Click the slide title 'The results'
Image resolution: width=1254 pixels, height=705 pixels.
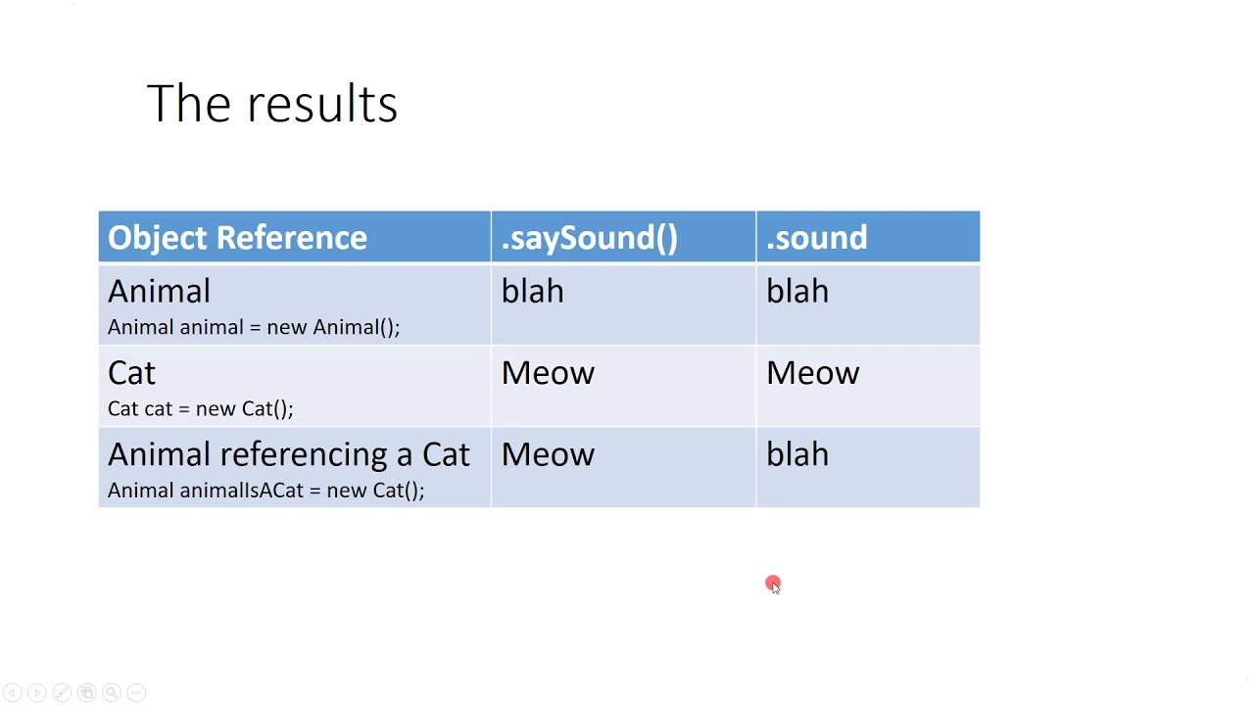coord(271,104)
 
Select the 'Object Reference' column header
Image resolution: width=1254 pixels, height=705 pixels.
coord(237,238)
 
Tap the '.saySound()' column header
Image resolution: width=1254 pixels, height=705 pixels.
coord(589,238)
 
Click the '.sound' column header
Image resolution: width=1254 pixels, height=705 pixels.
coord(816,238)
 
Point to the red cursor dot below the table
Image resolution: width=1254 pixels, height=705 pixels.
coord(773,584)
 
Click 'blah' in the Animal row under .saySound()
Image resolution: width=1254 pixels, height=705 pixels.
coord(532,292)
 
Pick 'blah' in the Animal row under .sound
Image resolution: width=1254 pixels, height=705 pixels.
coord(796,292)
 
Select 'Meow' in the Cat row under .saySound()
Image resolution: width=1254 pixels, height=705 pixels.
coord(548,373)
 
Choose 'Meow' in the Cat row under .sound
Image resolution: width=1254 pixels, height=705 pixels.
coord(812,373)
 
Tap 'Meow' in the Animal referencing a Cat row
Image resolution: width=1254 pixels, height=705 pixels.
coord(548,454)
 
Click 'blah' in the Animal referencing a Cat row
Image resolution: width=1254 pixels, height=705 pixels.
coord(796,454)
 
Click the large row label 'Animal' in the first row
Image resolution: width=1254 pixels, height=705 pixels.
coord(159,292)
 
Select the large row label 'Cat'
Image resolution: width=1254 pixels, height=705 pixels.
coord(131,373)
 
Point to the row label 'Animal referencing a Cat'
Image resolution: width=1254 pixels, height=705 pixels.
coord(288,454)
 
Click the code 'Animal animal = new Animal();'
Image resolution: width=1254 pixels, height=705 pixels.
coord(254,327)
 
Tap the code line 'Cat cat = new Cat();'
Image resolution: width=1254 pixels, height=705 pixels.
coord(200,408)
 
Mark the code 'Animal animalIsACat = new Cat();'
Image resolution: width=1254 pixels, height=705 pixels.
coord(265,490)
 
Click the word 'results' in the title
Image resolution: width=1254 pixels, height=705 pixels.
coord(321,104)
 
